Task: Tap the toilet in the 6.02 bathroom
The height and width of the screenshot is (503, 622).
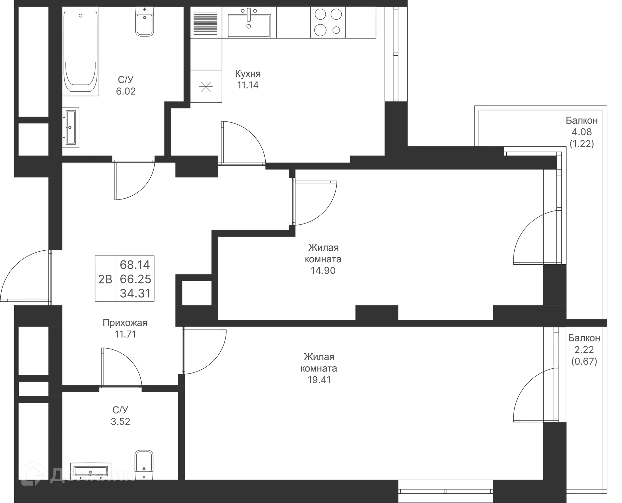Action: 144,21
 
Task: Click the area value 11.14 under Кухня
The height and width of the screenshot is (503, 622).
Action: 248,85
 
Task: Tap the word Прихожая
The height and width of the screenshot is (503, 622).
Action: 125,323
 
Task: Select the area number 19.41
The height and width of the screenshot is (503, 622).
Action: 319,380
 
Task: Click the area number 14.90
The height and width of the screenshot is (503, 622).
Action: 323,270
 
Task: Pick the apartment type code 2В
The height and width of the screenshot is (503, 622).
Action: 105,279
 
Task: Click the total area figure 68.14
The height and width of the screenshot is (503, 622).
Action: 135,265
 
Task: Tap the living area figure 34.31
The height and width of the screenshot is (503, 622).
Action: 135,293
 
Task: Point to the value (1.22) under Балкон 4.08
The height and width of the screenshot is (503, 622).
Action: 582,143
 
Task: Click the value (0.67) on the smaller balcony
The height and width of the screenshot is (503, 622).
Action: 584,361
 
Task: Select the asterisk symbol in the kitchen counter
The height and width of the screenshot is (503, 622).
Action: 206,86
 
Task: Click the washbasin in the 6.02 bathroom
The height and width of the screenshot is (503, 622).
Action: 71,127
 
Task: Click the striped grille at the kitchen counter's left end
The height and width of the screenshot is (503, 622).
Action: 205,23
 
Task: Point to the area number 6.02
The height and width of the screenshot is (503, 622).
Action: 126,91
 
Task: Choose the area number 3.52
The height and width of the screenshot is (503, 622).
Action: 121,421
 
